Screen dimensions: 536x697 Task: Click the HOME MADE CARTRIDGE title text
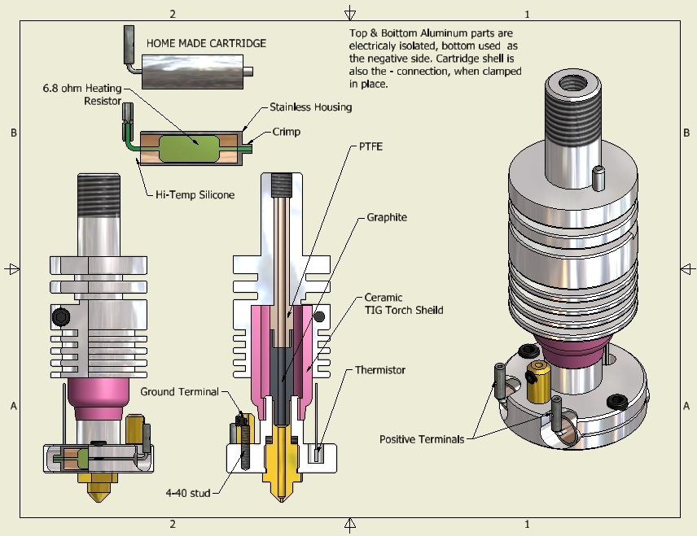tap(205, 43)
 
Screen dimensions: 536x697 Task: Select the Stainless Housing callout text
tap(311, 107)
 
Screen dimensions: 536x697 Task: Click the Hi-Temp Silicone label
tap(195, 194)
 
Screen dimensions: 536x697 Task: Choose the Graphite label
tap(386, 217)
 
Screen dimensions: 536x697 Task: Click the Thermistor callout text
tap(379, 370)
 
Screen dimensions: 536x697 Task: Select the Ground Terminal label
tap(179, 391)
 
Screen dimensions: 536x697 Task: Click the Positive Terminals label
tap(422, 439)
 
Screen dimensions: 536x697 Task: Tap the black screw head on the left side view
tap(59, 315)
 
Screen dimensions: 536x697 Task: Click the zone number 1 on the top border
tap(527, 14)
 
